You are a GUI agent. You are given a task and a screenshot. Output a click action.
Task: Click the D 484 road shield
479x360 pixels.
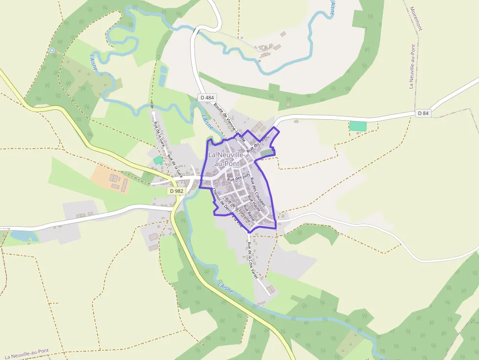207,98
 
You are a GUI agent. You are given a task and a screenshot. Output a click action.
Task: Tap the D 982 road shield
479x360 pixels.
176,191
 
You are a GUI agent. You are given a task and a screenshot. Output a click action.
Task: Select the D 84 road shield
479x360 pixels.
423,113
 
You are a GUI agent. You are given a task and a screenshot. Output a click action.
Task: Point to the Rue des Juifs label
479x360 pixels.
239,178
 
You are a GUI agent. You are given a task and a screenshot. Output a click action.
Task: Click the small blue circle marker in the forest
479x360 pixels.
52,50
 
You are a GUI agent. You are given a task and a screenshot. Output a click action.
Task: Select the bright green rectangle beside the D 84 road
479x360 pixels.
358,126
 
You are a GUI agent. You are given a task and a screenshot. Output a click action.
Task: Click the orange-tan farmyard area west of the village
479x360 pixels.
110,178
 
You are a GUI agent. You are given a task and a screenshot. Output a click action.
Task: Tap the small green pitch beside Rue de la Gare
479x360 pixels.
158,160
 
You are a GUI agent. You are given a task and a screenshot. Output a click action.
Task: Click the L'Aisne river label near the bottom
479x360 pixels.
225,288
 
